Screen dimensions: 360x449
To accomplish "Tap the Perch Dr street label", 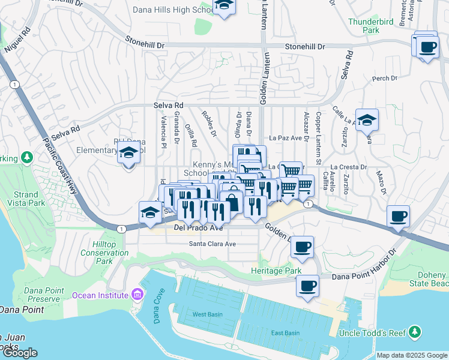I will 381,78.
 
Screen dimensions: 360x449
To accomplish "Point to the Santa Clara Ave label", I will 212,244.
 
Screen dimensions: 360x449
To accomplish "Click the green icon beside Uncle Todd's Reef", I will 414,332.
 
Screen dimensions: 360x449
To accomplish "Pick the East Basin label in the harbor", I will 285,333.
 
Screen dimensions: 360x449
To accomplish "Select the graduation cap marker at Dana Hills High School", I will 224,5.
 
